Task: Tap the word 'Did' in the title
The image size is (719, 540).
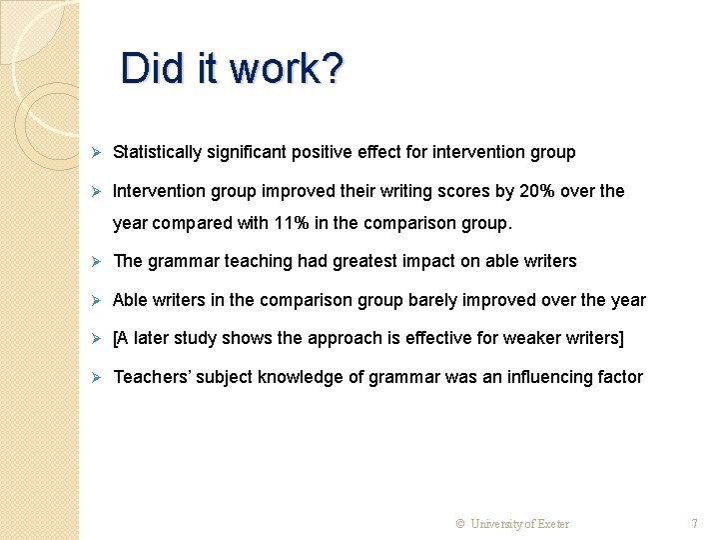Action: [147, 68]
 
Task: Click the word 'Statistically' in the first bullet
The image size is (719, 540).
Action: [157, 152]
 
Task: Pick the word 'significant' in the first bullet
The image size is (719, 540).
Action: [247, 152]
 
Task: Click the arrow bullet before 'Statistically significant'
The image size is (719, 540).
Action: [97, 152]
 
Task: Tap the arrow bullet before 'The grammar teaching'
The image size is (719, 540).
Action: [97, 261]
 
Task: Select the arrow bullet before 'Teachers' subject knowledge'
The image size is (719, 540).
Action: [97, 377]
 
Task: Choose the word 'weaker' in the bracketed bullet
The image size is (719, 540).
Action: [529, 338]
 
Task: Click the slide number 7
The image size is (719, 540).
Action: [695, 523]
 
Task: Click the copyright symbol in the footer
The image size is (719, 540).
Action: [460, 523]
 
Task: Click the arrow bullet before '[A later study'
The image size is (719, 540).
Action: [97, 338]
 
